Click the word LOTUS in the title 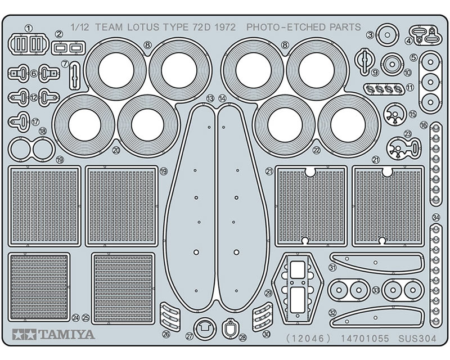143,27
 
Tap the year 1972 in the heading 225,27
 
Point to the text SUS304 417,339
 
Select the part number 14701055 364,339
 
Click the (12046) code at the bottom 309,339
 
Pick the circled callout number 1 29,29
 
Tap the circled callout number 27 190,336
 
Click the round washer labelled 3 387,35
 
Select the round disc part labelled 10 392,64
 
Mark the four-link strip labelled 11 384,89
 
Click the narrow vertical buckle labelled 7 75,75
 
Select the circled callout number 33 376,290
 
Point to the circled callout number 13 210,98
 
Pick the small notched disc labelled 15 394,114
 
